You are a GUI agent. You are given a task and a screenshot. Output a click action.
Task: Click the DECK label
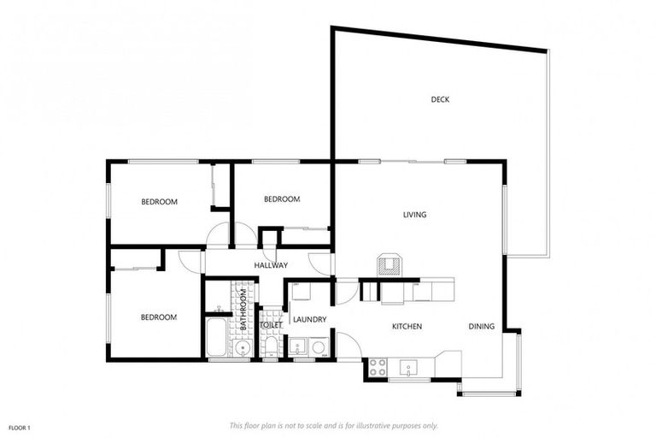pos(440,99)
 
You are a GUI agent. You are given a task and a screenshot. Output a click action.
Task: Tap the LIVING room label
pos(414,215)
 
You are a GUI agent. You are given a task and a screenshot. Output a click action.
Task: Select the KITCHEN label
pos(407,327)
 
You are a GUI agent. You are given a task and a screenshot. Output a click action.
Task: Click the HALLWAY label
pos(271,265)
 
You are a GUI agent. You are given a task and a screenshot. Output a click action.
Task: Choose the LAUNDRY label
pos(309,320)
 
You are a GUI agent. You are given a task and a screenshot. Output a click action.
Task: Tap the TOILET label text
pos(271,325)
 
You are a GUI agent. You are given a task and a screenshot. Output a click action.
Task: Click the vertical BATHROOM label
pos(243,310)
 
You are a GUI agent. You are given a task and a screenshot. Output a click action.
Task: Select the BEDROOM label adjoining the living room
pos(282,199)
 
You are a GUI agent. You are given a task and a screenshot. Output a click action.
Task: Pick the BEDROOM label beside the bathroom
pos(159,317)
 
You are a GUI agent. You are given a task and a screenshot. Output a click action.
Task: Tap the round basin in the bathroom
pos(243,347)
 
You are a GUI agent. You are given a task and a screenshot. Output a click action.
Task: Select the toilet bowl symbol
pos(271,346)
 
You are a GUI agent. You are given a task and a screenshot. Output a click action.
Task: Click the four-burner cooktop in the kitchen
pos(378,369)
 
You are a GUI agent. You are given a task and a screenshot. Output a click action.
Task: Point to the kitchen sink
pos(409,369)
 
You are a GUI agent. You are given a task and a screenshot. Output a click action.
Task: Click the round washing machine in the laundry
pos(319,347)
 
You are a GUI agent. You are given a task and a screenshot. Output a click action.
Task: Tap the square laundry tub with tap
pos(296,347)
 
